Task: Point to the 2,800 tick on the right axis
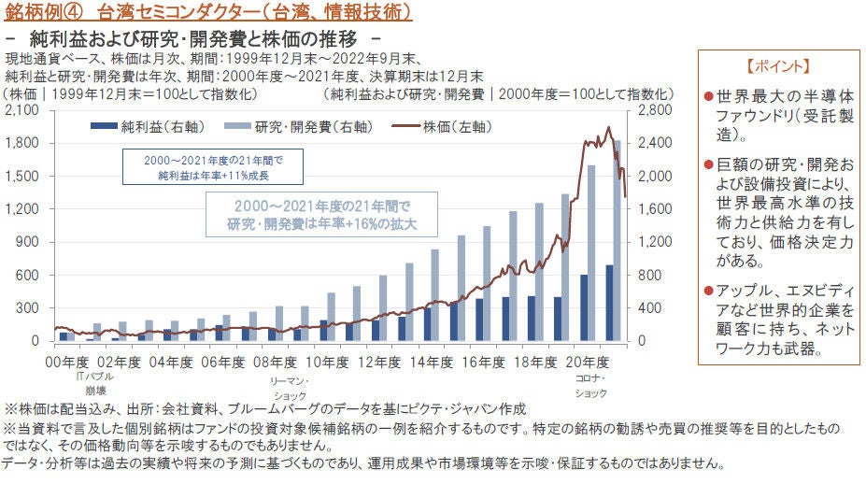(654, 111)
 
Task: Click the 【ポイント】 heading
(778, 68)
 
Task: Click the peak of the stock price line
(608, 128)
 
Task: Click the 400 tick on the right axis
(649, 308)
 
